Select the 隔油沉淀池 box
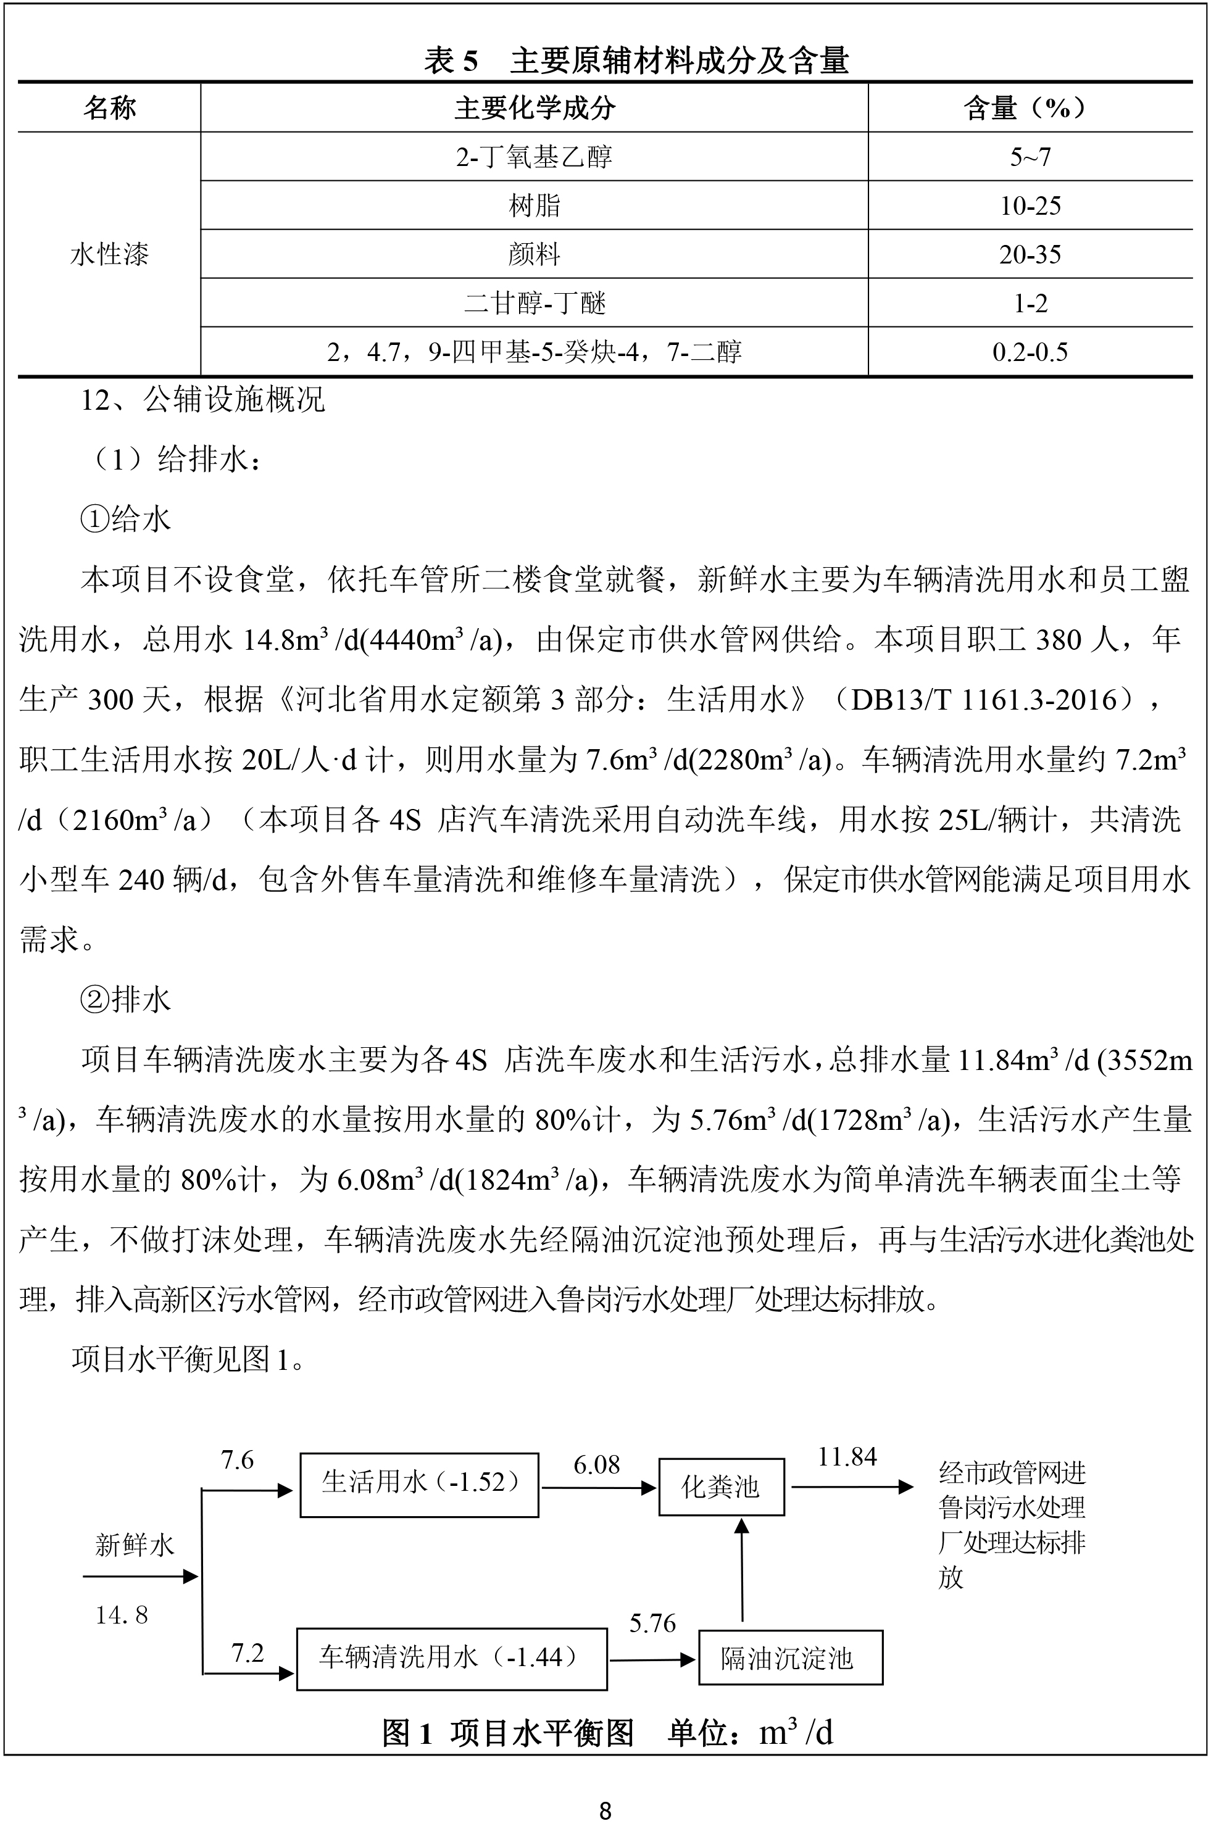coord(789,1657)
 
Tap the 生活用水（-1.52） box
coord(418,1485)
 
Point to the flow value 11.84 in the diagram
coord(847,1457)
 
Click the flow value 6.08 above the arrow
coord(596,1464)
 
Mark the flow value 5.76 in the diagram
coord(652,1623)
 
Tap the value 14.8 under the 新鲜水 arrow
coord(121,1614)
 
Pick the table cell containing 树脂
coord(534,205)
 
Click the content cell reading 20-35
coord(1030,254)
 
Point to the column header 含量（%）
coord(1030,108)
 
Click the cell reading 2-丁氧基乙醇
coord(534,157)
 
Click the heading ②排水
coord(125,1000)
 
